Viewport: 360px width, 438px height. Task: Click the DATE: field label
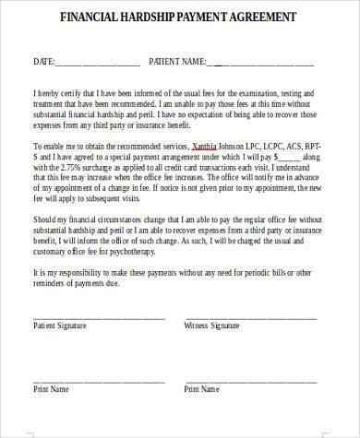click(x=44, y=63)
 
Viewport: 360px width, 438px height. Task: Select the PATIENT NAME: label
click(x=179, y=63)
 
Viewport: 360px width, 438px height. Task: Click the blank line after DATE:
click(x=98, y=65)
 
